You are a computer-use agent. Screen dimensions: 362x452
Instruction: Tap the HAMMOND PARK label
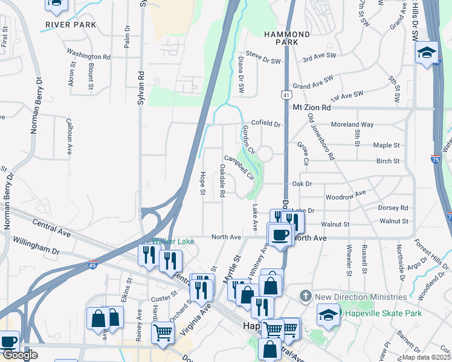[x=286, y=39]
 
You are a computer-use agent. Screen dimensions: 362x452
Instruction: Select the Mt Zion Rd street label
[x=312, y=107]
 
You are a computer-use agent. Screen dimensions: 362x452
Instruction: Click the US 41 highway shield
[x=285, y=95]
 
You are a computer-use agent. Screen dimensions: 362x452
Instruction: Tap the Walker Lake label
[x=173, y=241]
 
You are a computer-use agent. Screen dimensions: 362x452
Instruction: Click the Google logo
[x=19, y=355]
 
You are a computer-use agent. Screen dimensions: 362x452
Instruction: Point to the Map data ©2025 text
[x=427, y=357]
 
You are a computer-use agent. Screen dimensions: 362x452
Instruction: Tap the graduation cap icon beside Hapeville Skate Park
[x=328, y=314]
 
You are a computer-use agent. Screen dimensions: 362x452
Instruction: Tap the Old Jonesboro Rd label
[x=321, y=136]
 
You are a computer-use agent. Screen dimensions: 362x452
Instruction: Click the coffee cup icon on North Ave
[x=280, y=234]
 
